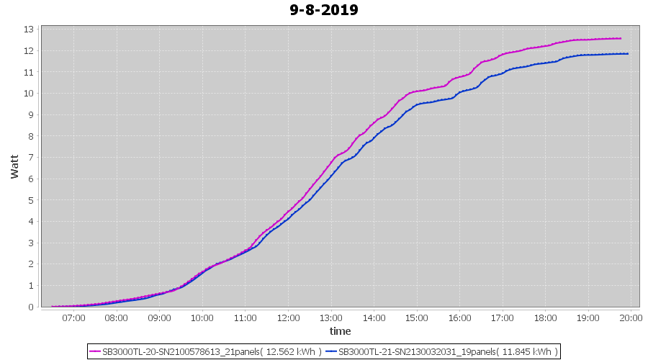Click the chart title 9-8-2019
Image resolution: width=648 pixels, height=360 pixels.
pyautogui.click(x=324, y=10)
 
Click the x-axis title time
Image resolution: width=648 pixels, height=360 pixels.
pyautogui.click(x=340, y=331)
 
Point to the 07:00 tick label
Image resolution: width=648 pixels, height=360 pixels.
pyautogui.click(x=73, y=318)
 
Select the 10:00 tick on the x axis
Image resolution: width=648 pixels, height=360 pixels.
pyautogui.click(x=202, y=318)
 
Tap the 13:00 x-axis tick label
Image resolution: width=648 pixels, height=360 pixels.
pyautogui.click(x=331, y=318)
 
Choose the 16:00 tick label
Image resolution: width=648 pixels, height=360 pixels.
pyautogui.click(x=459, y=318)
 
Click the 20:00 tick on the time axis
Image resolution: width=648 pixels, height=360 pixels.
pyautogui.click(x=631, y=318)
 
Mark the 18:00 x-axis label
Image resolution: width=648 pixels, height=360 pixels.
pyautogui.click(x=546, y=318)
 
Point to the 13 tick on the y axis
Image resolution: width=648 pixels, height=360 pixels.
pyautogui.click(x=29, y=30)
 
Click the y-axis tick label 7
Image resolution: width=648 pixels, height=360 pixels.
pyautogui.click(x=32, y=158)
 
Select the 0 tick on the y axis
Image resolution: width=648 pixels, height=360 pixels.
pyautogui.click(x=32, y=307)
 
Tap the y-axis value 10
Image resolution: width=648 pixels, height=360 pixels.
pyautogui.click(x=29, y=94)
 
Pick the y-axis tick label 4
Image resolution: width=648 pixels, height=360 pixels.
pyautogui.click(x=32, y=222)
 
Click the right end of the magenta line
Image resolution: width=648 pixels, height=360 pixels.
pyautogui.click(x=620, y=38)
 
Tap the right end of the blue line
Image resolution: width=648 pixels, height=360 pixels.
pyautogui.click(x=628, y=53)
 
